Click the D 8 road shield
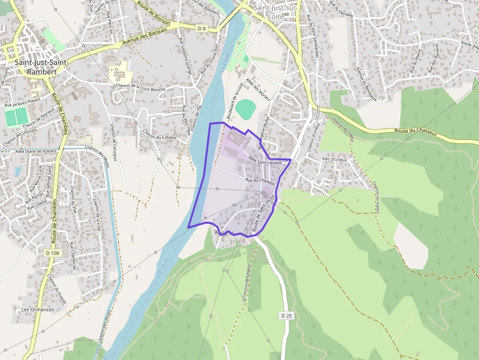tap(202, 29)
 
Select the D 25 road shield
tap(286, 316)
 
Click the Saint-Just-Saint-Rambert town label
tap(35, 67)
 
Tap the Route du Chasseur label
tap(416, 131)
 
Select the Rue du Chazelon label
tap(260, 181)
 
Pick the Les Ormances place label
tap(37, 310)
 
